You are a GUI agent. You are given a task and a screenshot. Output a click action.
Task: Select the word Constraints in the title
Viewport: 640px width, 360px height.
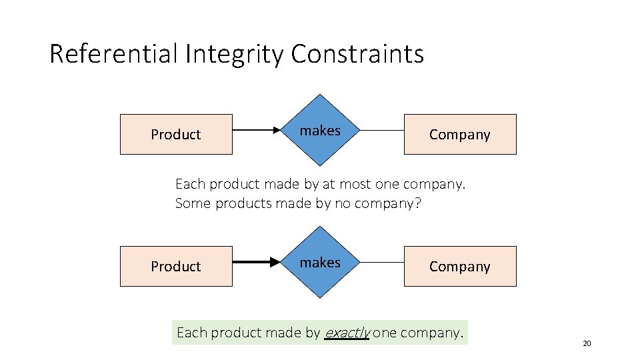357,53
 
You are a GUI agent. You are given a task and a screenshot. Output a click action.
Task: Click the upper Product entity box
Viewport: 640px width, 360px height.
176,135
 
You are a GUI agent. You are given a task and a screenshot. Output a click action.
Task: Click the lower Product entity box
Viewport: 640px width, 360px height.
176,267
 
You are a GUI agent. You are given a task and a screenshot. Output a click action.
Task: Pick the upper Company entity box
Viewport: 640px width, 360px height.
459,135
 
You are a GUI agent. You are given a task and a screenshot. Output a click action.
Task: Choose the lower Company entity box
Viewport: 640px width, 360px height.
459,267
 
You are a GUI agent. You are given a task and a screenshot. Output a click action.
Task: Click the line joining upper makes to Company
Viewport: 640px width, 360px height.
381,131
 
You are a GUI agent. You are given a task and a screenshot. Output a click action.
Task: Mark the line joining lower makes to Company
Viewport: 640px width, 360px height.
381,263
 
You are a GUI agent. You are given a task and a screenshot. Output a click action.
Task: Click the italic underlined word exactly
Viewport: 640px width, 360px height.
347,333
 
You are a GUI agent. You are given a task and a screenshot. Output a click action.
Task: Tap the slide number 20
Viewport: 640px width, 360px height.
587,344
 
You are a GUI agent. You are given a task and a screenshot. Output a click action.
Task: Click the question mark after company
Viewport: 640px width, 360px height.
418,203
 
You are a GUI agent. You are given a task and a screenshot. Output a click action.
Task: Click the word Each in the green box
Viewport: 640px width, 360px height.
192,333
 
